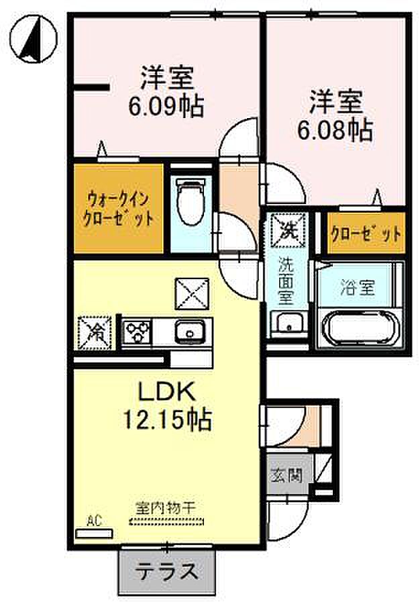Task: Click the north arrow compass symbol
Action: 34,38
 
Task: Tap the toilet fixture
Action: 190,202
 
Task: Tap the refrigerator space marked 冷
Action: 95,333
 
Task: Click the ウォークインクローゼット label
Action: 119,209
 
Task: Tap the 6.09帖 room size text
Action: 166,107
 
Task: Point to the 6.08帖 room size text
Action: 335,131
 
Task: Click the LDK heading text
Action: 166,392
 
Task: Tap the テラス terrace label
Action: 167,571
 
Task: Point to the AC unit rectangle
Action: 95,534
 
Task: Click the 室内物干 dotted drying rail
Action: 166,522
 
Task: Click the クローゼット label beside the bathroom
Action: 366,234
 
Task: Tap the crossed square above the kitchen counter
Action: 192,293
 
